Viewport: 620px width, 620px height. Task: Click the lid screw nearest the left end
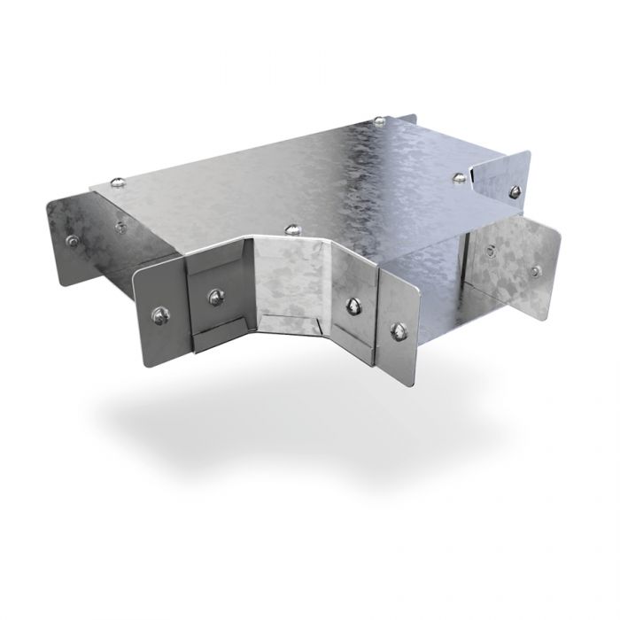pos(117,184)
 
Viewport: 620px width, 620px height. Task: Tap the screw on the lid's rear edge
pos(378,120)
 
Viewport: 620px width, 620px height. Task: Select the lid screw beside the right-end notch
pos(458,179)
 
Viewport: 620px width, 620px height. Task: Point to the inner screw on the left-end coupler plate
pos(120,224)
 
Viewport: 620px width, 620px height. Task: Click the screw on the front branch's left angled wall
pos(213,296)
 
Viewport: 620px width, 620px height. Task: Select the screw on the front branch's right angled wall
pos(352,306)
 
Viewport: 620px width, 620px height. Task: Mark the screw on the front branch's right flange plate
pos(396,332)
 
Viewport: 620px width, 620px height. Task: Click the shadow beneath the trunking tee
pos(292,443)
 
